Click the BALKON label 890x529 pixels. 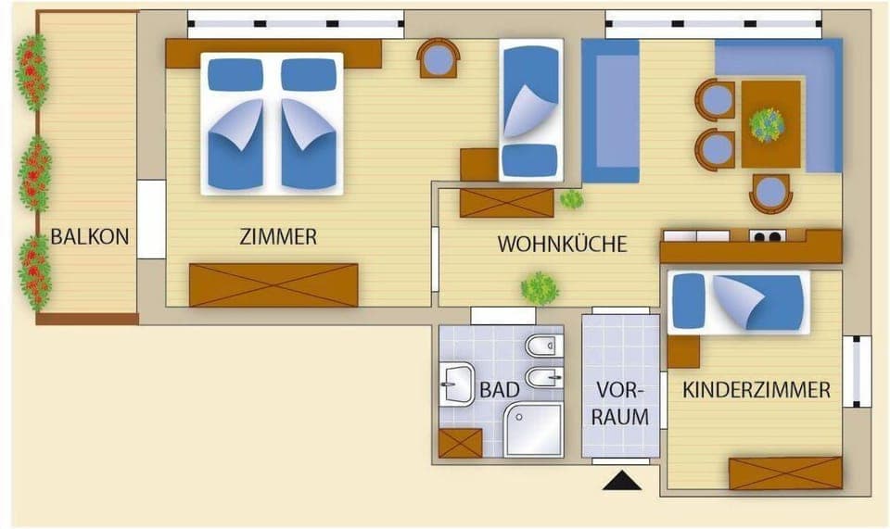coord(90,236)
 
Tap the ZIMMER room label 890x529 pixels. coord(278,237)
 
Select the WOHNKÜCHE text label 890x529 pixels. coord(563,245)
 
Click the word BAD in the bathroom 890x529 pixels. coord(499,390)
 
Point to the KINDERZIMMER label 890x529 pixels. coord(756,390)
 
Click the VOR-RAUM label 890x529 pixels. coord(621,404)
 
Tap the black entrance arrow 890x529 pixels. coord(621,481)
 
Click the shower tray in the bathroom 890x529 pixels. coord(534,429)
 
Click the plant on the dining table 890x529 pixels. coord(767,124)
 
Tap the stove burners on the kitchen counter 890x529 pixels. coord(767,236)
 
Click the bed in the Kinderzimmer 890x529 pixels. coord(738,302)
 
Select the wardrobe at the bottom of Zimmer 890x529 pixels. coord(273,284)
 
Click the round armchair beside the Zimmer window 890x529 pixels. coord(439,58)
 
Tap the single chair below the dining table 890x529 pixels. coord(770,194)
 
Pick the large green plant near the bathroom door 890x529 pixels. coord(540,288)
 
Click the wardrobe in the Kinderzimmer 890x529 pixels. coord(785,472)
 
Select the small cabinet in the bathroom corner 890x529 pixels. coord(460,443)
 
